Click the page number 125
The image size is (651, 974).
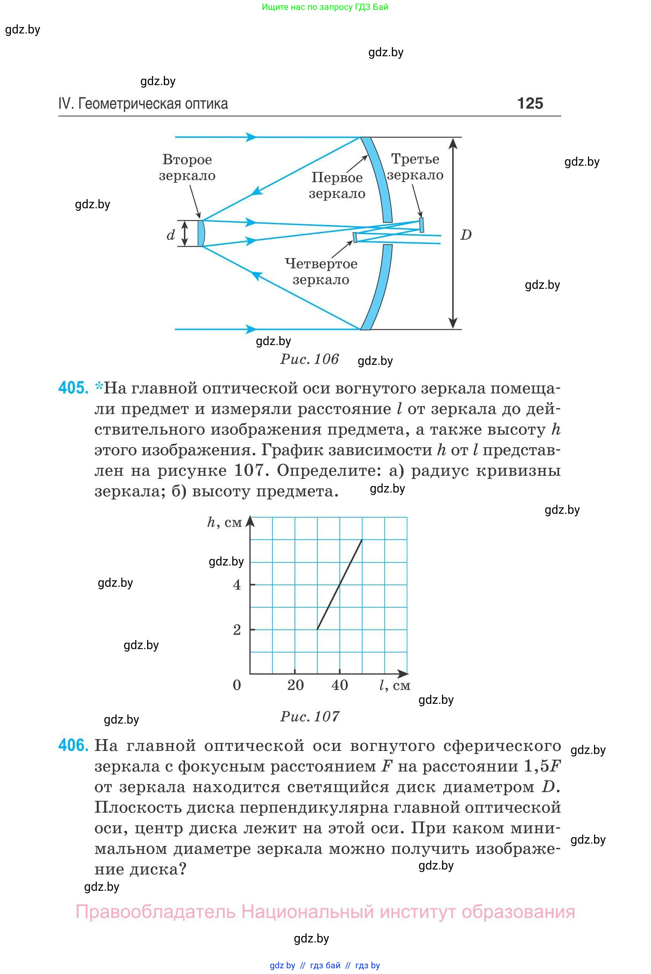[x=530, y=103]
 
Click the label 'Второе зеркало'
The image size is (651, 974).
[x=187, y=167]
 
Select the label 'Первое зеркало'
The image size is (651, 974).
[x=337, y=185]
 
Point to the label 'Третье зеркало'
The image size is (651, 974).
[x=415, y=167]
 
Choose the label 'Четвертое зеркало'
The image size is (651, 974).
[x=321, y=271]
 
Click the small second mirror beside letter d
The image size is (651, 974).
[x=201, y=233]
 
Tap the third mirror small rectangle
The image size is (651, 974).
[x=421, y=225]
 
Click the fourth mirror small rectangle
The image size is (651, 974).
[x=355, y=237]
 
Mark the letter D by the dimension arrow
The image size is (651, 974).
[x=466, y=235]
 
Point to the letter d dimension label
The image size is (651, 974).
[x=170, y=235]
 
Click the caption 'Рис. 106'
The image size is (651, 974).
[x=310, y=359]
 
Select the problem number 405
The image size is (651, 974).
[x=73, y=388]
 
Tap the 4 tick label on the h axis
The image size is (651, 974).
[x=237, y=585]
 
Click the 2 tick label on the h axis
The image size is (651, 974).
[x=237, y=630]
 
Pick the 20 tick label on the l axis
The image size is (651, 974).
[x=295, y=685]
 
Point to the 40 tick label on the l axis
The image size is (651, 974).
[x=340, y=685]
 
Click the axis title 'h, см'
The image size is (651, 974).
[x=225, y=522]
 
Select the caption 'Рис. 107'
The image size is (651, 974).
[x=310, y=716]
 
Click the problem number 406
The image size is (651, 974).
[x=73, y=745]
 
